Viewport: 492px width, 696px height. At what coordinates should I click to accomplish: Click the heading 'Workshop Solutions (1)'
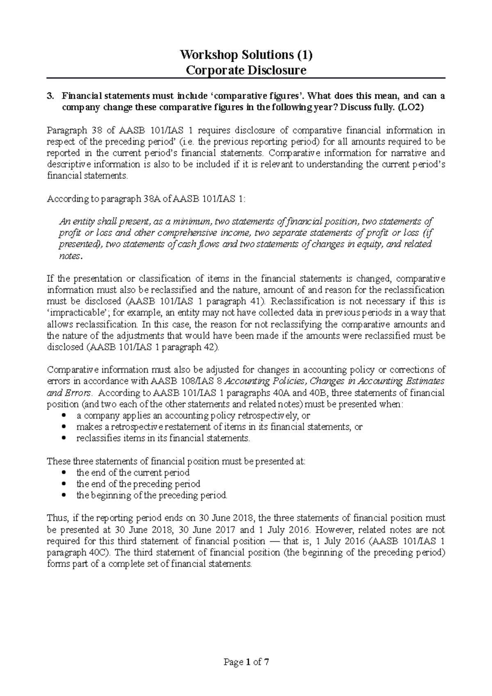pos(246,55)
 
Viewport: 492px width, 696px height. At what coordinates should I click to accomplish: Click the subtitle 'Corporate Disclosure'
pos(246,71)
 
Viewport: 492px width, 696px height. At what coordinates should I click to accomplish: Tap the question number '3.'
pos(50,96)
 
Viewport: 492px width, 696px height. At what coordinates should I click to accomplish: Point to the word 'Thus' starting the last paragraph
pos(56,518)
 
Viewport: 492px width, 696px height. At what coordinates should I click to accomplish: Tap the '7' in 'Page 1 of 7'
pos(267,662)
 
